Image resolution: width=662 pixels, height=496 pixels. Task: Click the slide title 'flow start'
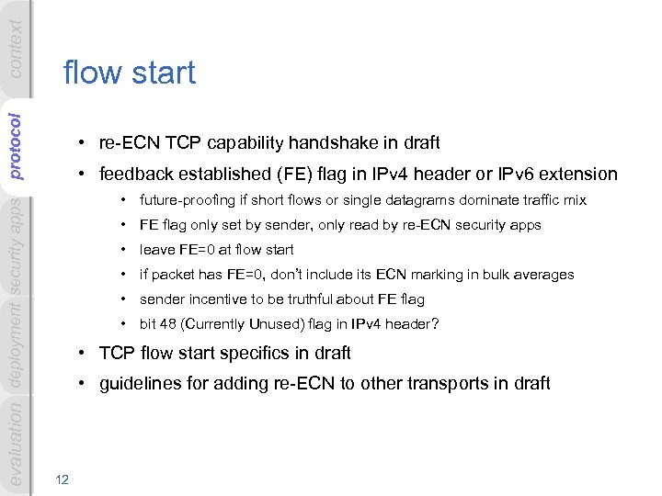(129, 73)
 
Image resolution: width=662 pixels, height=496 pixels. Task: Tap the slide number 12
(62, 478)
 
